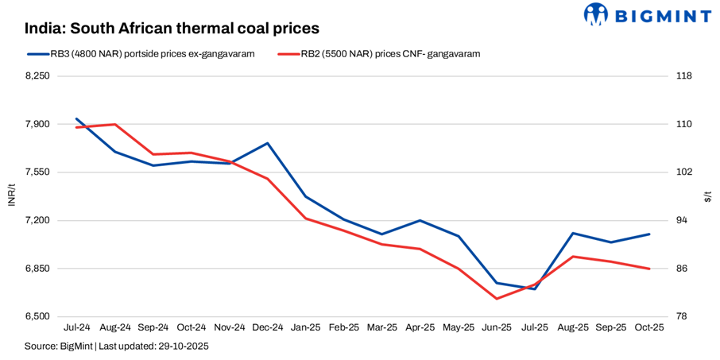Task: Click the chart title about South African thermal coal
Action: click(172, 28)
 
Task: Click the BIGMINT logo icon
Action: click(597, 14)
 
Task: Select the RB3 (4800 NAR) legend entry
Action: click(142, 54)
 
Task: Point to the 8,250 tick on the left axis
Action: click(37, 76)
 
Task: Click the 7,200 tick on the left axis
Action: click(37, 220)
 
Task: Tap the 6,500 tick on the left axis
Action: click(37, 316)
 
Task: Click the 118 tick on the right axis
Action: click(683, 76)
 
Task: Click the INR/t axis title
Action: click(11, 195)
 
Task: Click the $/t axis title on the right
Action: click(708, 195)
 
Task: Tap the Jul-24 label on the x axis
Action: click(76, 327)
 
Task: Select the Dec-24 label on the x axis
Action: click(267, 327)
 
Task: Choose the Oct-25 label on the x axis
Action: click(649, 327)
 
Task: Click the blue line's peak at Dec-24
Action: click(267, 143)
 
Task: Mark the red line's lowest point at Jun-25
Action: click(497, 299)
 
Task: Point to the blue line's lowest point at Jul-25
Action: click(535, 289)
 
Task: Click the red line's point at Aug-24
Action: click(114, 124)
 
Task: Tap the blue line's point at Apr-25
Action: click(420, 220)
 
